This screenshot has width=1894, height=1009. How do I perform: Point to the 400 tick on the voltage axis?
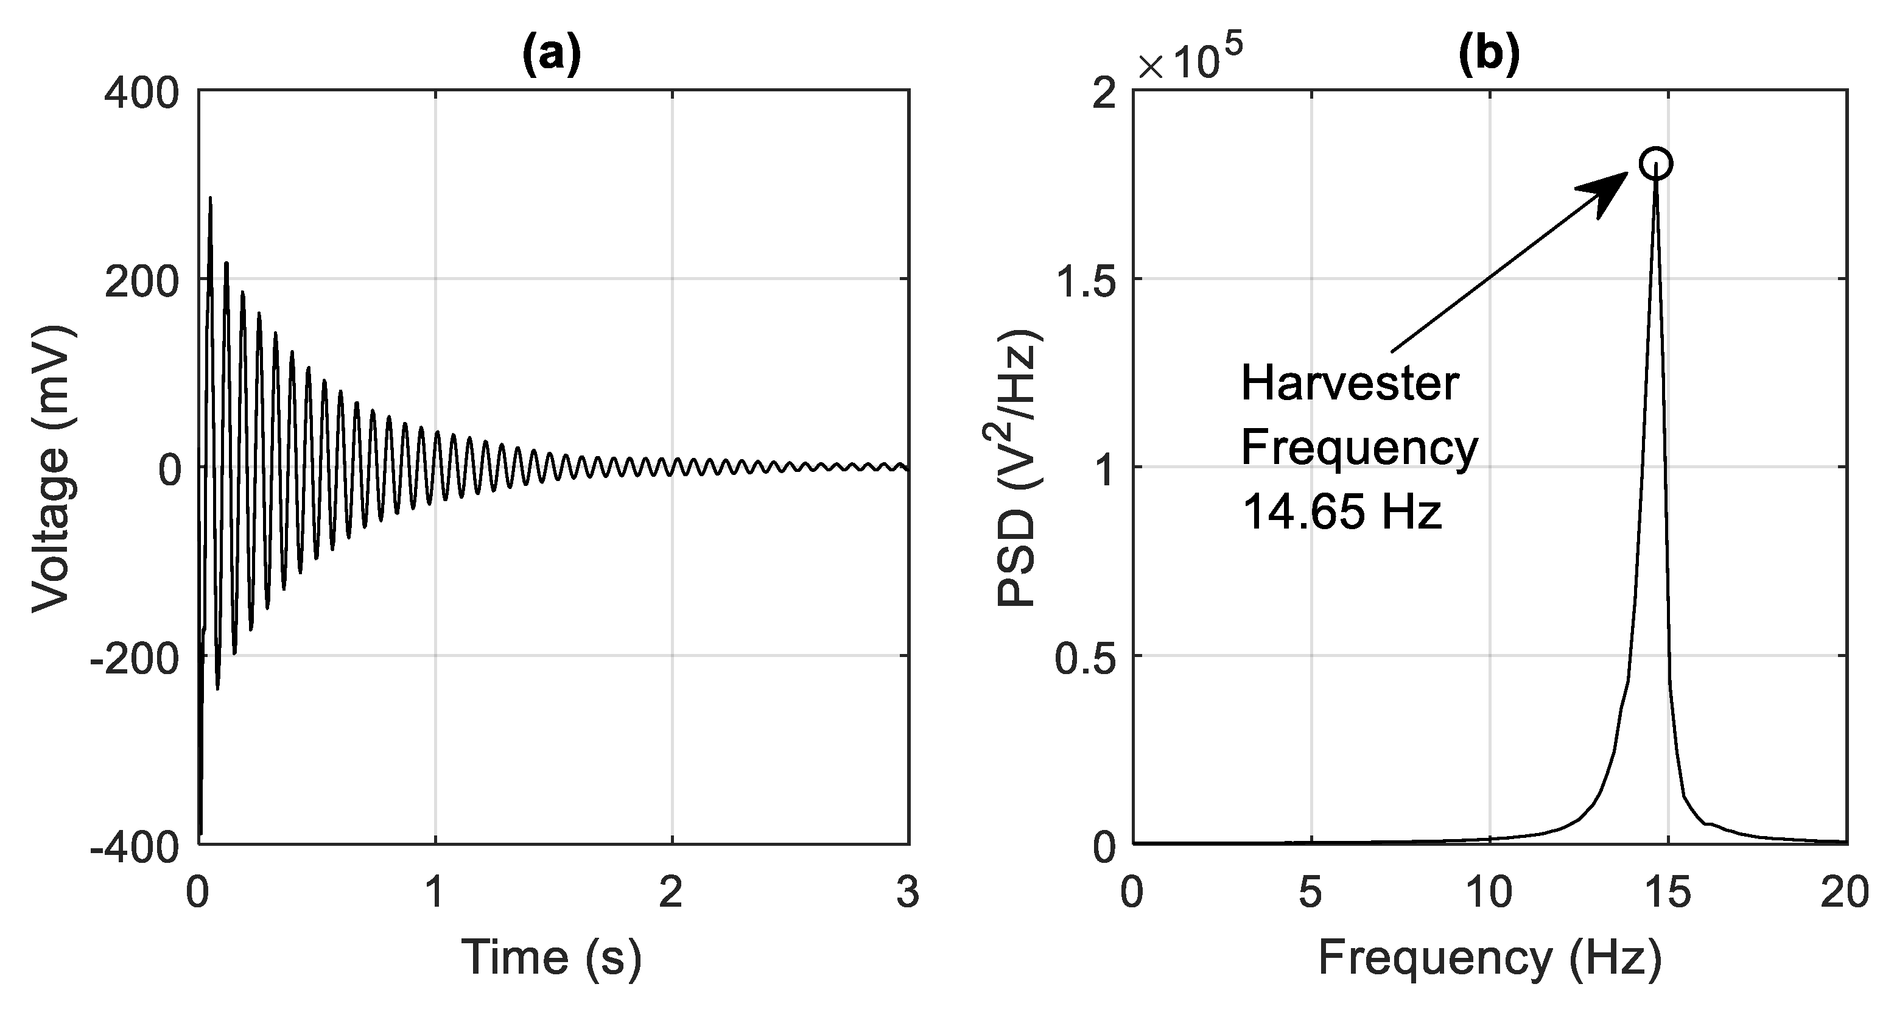(x=142, y=94)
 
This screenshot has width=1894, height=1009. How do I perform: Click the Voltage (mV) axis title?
(x=53, y=468)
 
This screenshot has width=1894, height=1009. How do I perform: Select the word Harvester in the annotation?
(x=1350, y=384)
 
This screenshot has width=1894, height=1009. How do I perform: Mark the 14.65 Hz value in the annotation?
(x=1342, y=512)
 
